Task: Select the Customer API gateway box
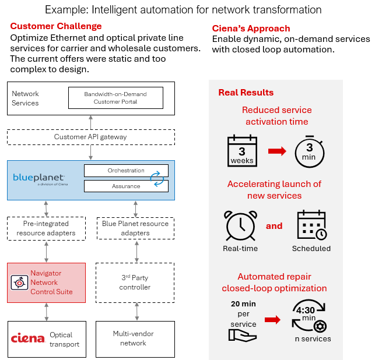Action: (90, 137)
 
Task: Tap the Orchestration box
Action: (126, 171)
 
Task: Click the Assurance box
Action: (126, 186)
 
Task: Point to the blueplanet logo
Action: (39, 178)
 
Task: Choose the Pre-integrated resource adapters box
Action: (46, 228)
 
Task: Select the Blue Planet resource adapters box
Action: (135, 228)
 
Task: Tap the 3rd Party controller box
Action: (135, 283)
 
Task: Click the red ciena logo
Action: (28, 338)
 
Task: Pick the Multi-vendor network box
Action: (135, 338)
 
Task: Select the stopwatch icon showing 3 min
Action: (309, 150)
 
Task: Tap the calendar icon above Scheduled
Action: (311, 225)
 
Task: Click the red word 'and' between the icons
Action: (274, 226)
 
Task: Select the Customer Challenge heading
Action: (56, 26)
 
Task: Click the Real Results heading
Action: (246, 92)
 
